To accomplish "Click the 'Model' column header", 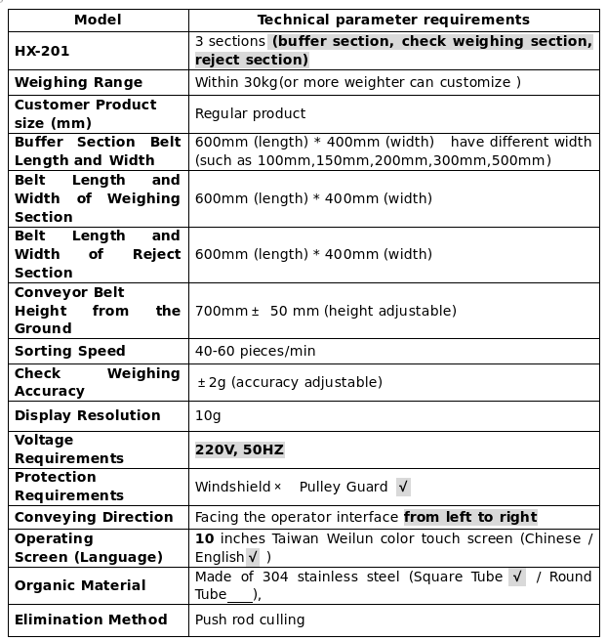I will pyautogui.click(x=98, y=20).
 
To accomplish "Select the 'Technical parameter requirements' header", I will pyautogui.click(x=393, y=20).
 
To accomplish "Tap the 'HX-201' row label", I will pyautogui.click(x=42, y=51).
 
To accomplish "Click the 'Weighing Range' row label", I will pyautogui.click(x=78, y=82).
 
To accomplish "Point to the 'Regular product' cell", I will pyautogui.click(x=250, y=113).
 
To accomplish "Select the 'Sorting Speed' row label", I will pyautogui.click(x=70, y=351).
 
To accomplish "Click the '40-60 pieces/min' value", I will pyautogui.click(x=255, y=351).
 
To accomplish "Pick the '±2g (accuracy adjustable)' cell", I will pyautogui.click(x=290, y=382).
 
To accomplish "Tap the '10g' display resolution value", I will pyautogui.click(x=208, y=415).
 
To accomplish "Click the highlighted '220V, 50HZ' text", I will pyautogui.click(x=239, y=449).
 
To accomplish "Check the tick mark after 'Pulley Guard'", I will pyautogui.click(x=403, y=487).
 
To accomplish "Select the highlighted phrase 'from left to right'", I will pyautogui.click(x=470, y=517).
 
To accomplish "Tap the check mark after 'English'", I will pyautogui.click(x=253, y=557).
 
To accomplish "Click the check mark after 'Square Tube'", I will pyautogui.click(x=517, y=577).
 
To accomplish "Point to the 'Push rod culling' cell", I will pyautogui.click(x=250, y=620).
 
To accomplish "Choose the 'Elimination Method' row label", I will pyautogui.click(x=91, y=620).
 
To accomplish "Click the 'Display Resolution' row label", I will pyautogui.click(x=88, y=415).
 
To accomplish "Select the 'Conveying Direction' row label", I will pyautogui.click(x=94, y=517).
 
